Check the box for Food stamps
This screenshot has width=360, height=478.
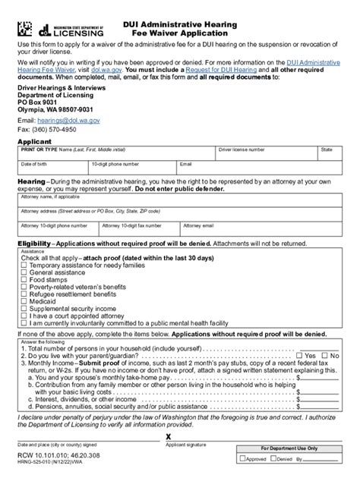[x=24, y=277]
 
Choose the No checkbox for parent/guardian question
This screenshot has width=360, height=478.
[x=322, y=354]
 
